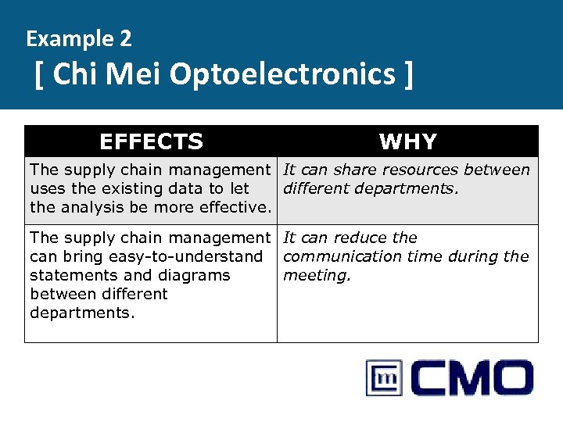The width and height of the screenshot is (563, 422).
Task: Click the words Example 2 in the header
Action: [78, 38]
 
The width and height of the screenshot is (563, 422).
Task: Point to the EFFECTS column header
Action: [151, 141]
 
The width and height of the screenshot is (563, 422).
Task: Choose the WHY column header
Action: [407, 141]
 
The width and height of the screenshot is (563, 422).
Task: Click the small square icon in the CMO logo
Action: [384, 378]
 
